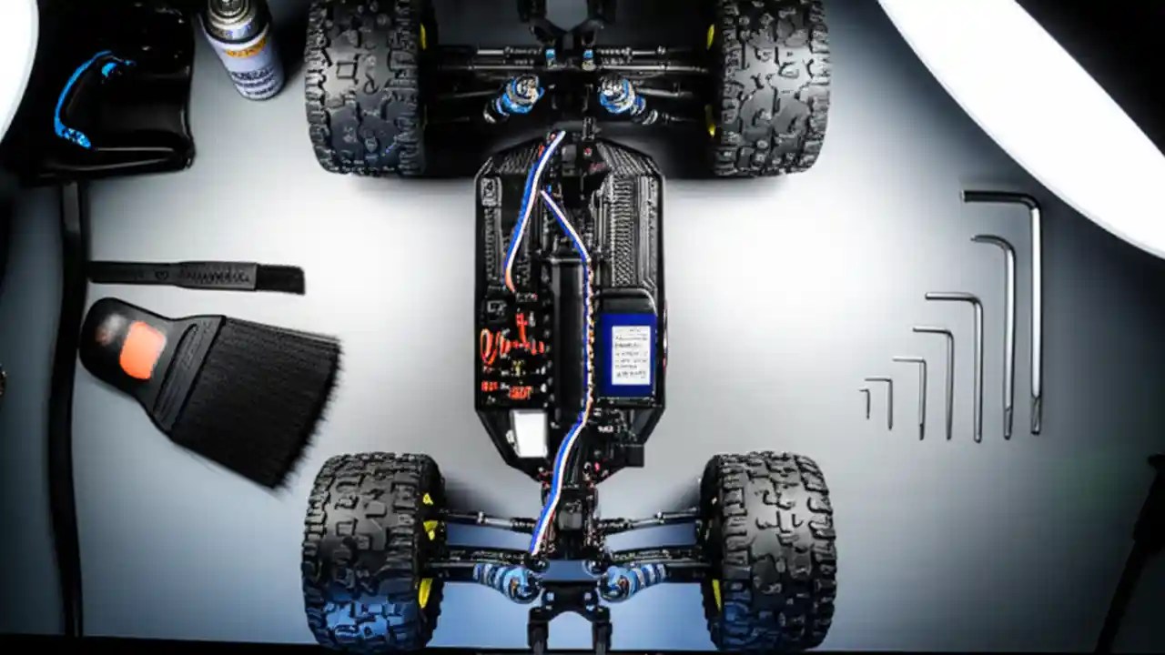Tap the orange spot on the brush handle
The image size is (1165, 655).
[x=142, y=349]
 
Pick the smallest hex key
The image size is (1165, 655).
[x=866, y=402]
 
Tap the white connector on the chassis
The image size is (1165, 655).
[x=528, y=431]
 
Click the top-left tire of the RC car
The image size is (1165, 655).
[x=364, y=86]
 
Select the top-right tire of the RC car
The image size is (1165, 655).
[x=772, y=86]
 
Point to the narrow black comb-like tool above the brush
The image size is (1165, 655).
[x=196, y=276]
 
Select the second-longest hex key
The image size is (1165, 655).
[x=1007, y=337]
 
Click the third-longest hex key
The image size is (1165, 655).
[x=976, y=364]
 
